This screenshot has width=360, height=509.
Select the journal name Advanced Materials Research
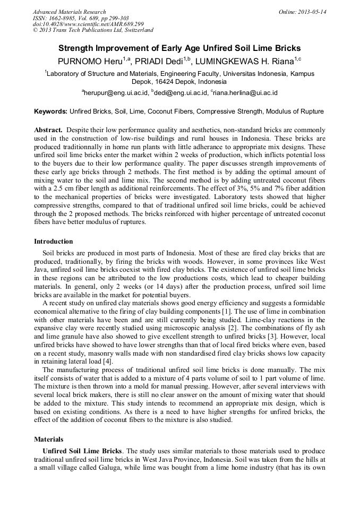tap(70, 12)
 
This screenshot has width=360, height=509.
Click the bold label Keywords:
tap(51, 112)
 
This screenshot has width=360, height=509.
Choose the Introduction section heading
tap(54, 241)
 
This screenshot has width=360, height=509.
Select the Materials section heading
tap(48, 439)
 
